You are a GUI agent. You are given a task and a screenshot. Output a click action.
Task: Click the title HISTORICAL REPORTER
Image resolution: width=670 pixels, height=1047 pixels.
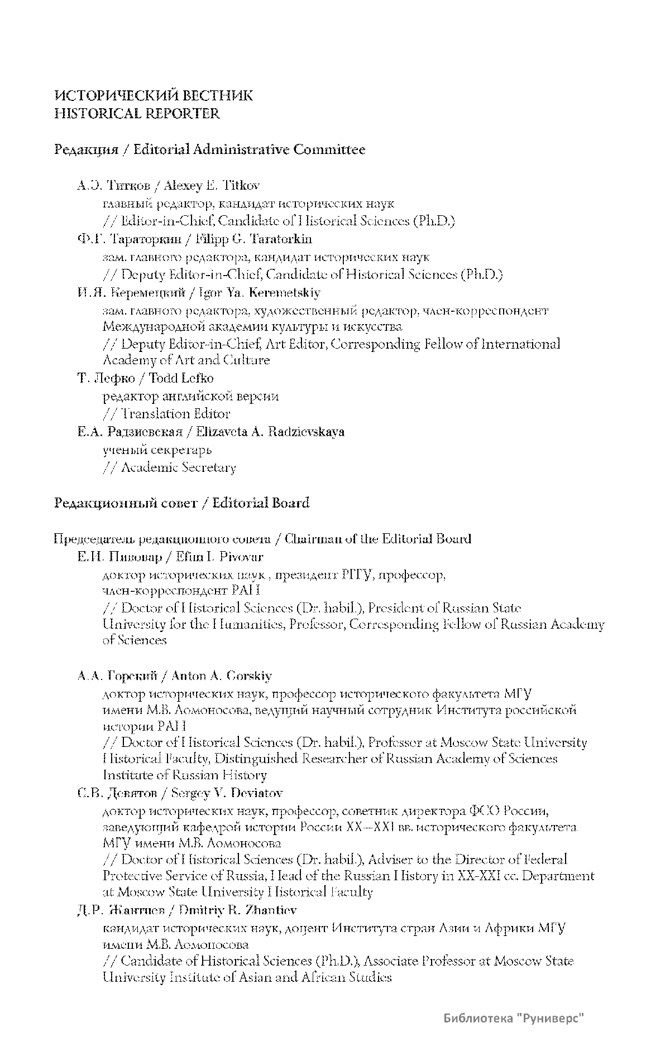coord(137,114)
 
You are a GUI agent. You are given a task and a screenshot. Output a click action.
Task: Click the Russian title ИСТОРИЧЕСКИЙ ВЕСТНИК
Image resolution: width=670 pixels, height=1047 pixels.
coord(154,96)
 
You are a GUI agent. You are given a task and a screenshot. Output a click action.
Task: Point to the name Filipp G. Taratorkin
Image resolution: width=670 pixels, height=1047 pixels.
coord(253,239)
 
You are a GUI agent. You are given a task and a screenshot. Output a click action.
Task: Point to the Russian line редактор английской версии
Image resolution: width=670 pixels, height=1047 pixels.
coord(190,396)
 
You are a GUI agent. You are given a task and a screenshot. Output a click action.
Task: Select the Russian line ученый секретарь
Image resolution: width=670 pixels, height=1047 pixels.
coord(157,450)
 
